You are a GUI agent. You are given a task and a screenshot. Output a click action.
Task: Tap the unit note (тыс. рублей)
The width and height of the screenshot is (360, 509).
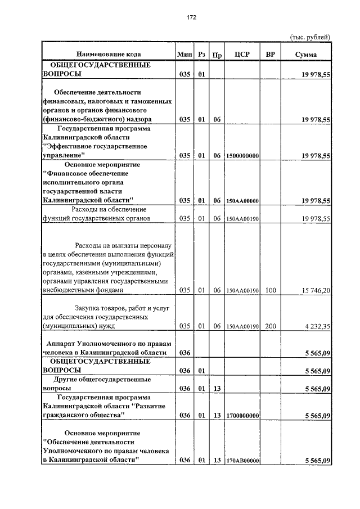[309, 37]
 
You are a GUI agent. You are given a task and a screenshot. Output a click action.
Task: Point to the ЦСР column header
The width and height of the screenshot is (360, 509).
[242, 55]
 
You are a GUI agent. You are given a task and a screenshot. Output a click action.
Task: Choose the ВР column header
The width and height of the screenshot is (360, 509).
[271, 55]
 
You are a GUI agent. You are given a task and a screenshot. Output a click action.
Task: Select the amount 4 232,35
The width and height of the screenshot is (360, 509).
[316, 326]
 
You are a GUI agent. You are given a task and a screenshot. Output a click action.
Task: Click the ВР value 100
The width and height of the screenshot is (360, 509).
[271, 290]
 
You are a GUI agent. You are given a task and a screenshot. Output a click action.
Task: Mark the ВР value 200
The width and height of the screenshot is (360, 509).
[271, 326]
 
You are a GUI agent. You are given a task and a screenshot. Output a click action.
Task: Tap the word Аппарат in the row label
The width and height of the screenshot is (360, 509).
[61, 344]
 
